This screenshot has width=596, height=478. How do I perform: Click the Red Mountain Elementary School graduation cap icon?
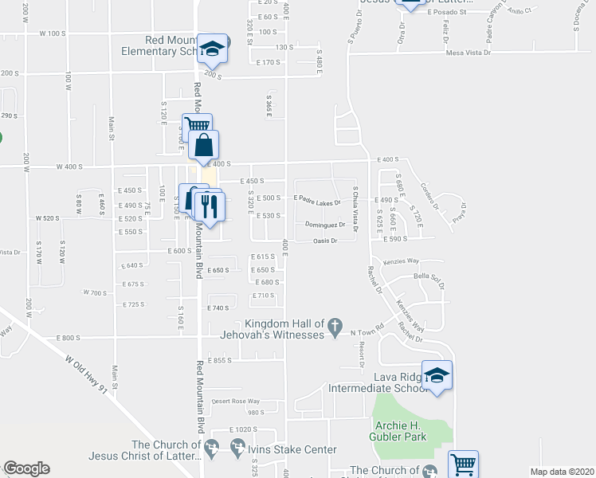[213, 49]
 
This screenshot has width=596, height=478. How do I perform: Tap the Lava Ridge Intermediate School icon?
[437, 376]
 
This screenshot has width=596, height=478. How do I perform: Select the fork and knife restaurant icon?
[209, 207]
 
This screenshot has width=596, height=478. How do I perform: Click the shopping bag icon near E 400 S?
[204, 146]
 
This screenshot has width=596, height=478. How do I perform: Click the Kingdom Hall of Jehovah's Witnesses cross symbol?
[337, 323]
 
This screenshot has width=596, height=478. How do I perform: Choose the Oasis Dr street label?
[331, 241]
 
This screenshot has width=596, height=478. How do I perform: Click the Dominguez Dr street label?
[325, 225]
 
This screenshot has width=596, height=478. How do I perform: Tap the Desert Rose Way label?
[237, 401]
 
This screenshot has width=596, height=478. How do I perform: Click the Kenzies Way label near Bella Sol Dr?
[401, 261]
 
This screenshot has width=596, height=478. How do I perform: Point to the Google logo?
[26, 468]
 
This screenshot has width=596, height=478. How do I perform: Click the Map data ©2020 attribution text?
[563, 472]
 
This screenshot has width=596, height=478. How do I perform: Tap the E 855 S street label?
[218, 360]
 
